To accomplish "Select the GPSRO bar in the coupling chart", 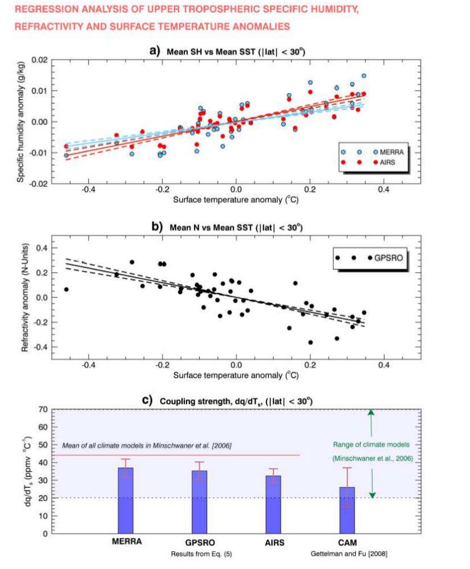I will [199, 502].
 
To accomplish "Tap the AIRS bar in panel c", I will [274, 504].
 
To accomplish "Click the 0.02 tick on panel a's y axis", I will [38, 60].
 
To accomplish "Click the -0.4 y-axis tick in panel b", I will [38, 347].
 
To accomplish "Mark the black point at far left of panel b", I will [66, 289].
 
